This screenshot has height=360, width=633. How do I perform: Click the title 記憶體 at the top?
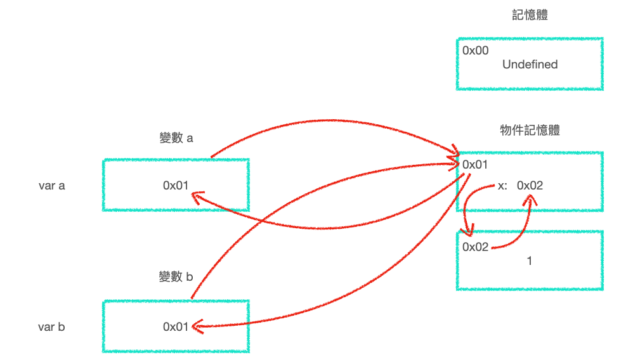530,16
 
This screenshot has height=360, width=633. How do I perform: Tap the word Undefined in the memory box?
530,65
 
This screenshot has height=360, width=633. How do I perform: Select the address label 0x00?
476,51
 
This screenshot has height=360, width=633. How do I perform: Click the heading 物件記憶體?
530,131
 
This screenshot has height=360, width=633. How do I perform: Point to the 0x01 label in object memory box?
476,165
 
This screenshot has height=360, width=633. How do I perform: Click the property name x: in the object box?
502,186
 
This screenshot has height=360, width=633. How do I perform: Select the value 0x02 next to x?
530,186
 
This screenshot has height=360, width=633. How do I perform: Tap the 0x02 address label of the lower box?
476,247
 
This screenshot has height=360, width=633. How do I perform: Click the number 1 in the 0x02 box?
530,260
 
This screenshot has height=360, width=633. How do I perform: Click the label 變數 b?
176,276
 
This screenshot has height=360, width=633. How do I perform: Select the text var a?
52,186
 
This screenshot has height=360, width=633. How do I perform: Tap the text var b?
52,327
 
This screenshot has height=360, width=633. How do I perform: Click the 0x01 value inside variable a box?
176,186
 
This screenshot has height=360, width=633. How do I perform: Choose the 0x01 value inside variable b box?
176,327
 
